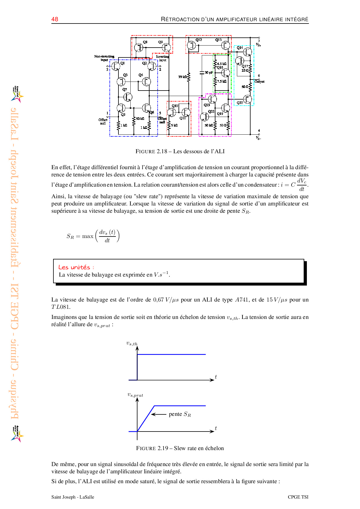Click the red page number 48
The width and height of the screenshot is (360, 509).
[55, 19]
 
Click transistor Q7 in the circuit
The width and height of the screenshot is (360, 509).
[128, 97]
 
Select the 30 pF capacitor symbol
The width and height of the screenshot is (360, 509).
[202, 72]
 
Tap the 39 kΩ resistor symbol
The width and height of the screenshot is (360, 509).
[189, 77]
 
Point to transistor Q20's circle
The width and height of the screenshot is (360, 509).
[247, 99]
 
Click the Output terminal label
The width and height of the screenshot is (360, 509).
[260, 82]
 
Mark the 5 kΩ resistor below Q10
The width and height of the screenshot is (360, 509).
[169, 125]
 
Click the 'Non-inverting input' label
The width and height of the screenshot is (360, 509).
[104, 58]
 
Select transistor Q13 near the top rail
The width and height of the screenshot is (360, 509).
[225, 45]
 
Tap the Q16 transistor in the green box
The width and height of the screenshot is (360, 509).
[225, 73]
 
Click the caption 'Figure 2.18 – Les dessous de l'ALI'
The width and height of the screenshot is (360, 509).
[180, 151]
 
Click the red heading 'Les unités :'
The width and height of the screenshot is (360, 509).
[76, 267]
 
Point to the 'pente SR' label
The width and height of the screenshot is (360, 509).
[180, 414]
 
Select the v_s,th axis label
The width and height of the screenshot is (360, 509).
[132, 343]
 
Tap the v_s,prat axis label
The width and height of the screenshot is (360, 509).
[135, 395]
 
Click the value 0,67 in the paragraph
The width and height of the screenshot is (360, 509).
[158, 299]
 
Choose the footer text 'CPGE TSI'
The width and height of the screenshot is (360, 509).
[298, 497]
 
